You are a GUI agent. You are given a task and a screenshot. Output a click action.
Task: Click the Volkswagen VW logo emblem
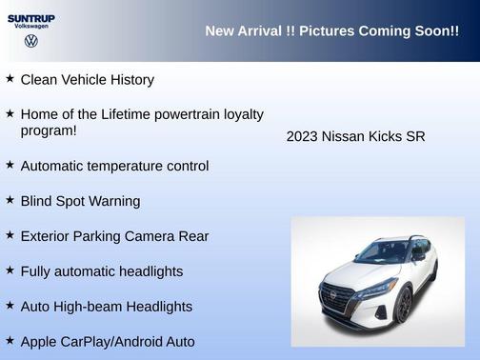tap(31, 42)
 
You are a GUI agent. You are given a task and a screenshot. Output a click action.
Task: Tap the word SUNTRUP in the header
tap(31, 18)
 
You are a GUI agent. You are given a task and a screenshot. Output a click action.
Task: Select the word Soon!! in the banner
tap(432, 31)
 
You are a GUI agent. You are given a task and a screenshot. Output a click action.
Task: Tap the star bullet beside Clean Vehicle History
tap(10, 79)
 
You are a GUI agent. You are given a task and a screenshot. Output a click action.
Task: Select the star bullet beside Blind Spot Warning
tap(10, 200)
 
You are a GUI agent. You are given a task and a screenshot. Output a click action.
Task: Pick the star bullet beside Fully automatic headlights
tap(10, 270)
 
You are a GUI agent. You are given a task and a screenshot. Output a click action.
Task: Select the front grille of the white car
tap(340, 296)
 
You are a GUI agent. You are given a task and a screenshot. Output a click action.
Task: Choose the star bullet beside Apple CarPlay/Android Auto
tap(10, 340)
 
